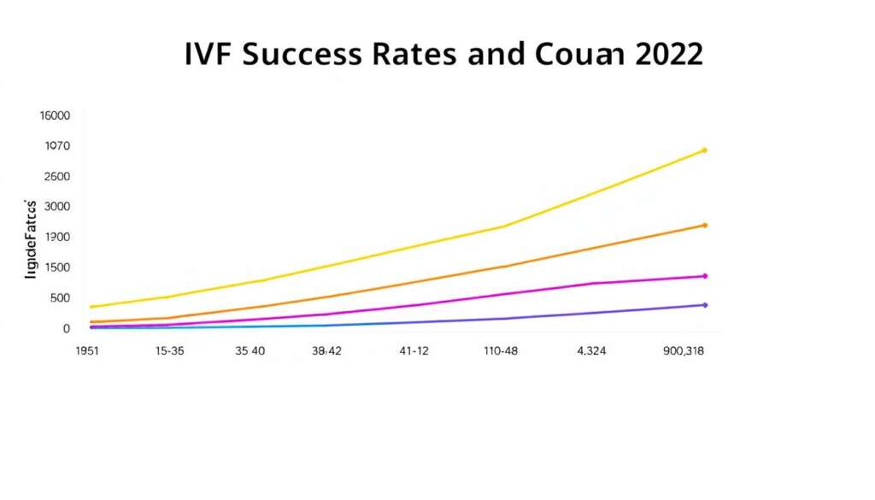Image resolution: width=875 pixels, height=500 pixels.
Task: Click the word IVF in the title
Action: (x=208, y=54)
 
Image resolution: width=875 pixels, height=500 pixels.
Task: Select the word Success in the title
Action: (x=304, y=54)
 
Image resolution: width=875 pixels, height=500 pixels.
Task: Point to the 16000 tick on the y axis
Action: (x=56, y=116)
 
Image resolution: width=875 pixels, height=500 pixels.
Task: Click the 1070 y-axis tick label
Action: (x=56, y=146)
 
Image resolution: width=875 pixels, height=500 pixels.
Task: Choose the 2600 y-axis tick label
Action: (x=56, y=177)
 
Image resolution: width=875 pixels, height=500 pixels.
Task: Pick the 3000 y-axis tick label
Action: (x=56, y=207)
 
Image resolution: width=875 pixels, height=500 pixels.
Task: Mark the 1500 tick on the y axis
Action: (x=56, y=268)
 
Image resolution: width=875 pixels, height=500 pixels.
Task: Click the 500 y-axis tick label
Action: (x=58, y=298)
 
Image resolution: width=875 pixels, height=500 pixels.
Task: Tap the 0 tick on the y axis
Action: (x=65, y=329)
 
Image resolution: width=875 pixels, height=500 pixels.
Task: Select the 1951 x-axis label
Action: (x=88, y=351)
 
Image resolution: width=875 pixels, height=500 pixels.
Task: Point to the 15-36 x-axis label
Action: (x=170, y=351)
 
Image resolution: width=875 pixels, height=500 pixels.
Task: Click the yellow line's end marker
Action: (x=704, y=150)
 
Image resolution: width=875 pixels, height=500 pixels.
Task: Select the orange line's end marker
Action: (x=704, y=226)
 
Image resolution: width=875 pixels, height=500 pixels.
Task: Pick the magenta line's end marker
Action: (x=704, y=276)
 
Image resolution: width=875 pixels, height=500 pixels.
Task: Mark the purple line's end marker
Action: (x=704, y=305)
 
